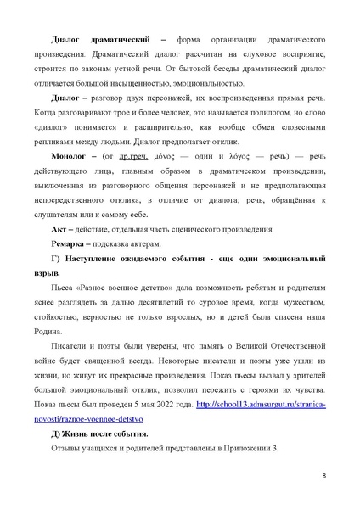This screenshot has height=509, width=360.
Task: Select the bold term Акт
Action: (57, 231)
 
